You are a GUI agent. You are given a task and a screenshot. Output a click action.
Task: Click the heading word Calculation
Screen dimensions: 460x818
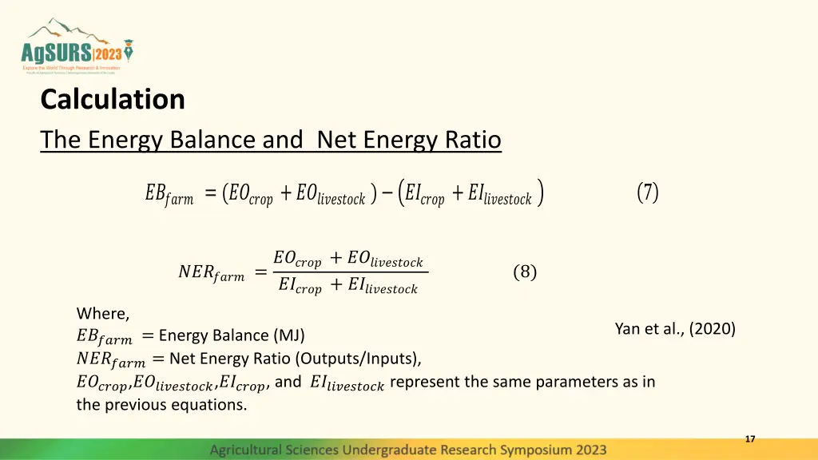[113, 100]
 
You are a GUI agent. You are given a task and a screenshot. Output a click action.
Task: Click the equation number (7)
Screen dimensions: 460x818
[648, 192]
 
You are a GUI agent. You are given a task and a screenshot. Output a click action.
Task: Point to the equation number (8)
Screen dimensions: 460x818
[525, 272]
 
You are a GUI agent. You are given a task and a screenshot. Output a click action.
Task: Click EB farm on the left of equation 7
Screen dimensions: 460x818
[169, 195]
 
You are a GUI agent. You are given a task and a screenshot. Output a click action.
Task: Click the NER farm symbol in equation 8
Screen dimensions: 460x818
[211, 274]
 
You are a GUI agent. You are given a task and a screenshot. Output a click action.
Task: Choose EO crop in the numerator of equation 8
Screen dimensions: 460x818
[297, 260]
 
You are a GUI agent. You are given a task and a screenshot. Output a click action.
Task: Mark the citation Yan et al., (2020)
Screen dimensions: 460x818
[675, 328]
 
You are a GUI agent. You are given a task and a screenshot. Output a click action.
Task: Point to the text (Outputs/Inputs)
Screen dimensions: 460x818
[367, 358]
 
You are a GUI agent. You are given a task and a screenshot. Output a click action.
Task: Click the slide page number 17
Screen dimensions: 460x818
[750, 439]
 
